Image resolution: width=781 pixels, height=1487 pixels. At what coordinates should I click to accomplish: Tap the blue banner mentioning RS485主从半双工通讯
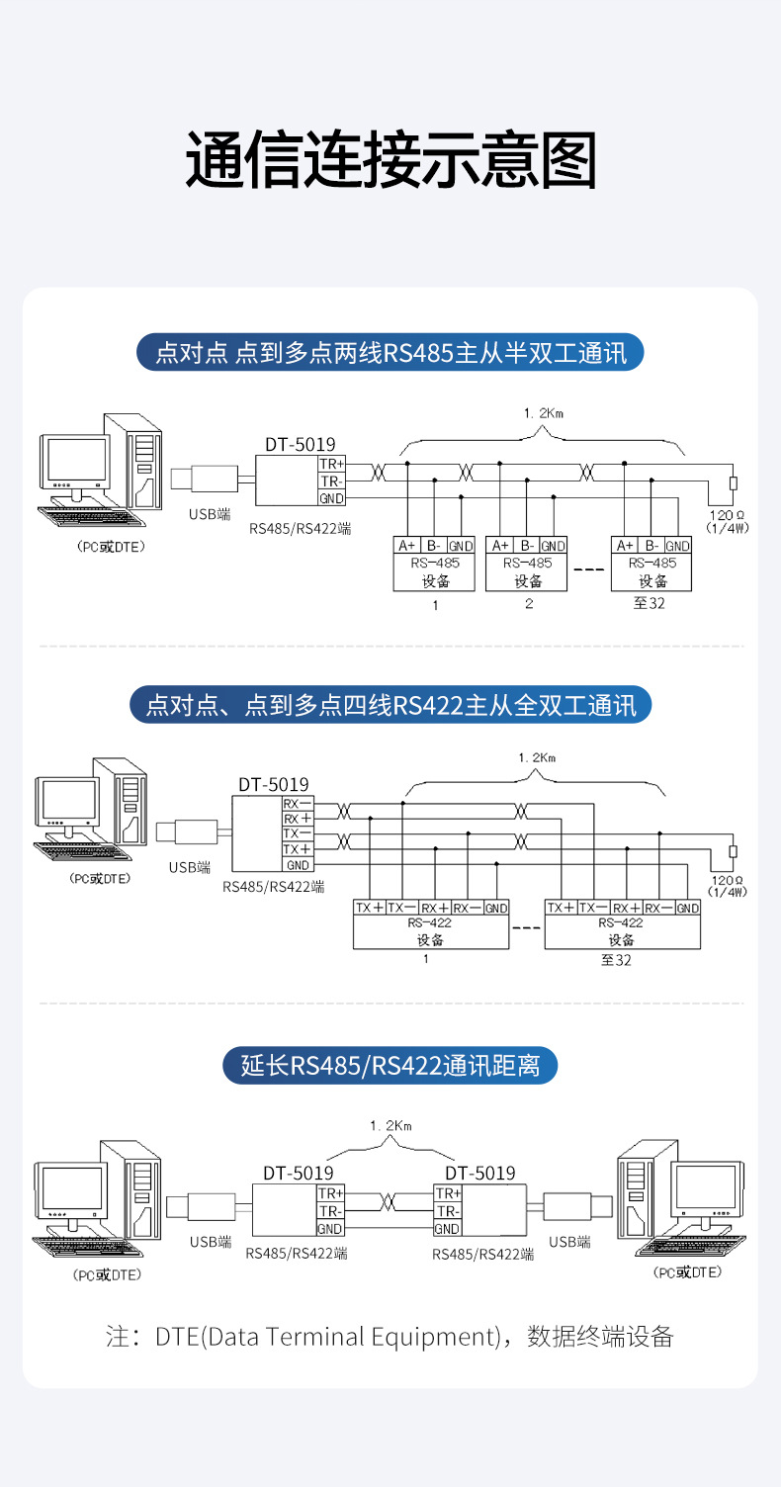coord(390,352)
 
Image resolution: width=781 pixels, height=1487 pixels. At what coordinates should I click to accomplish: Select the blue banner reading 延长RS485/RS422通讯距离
coord(390,1066)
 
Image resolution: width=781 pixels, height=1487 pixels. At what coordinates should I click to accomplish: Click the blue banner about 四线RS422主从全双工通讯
coord(390,705)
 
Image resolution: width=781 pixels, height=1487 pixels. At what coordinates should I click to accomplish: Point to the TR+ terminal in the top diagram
coord(331,464)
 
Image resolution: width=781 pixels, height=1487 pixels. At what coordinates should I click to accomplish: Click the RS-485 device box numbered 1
coord(435,564)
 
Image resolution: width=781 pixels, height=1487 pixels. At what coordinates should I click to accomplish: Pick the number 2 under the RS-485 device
coord(528,603)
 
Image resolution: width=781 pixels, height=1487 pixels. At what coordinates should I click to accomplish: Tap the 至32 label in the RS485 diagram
coord(650,603)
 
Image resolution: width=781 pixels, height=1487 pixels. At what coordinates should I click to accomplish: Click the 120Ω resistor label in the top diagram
coord(729,515)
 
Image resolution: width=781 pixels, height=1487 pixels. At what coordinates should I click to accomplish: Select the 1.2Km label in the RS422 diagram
coord(537,757)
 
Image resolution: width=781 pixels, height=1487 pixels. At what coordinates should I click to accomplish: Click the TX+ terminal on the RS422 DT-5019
coord(298,849)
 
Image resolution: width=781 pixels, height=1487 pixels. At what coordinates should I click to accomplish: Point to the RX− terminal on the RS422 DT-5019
coord(298,804)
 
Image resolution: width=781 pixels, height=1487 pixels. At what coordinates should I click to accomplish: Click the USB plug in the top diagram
coord(204,479)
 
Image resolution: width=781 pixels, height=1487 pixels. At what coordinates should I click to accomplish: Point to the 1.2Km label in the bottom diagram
coord(390,1126)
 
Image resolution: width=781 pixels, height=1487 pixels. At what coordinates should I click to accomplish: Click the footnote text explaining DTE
coord(390,1337)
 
